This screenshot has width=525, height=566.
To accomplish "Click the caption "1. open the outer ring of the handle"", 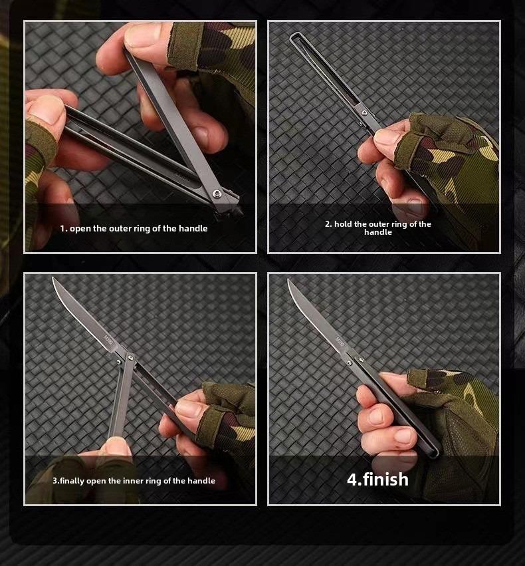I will point(134,228).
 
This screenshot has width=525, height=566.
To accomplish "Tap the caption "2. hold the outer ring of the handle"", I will point(377,227).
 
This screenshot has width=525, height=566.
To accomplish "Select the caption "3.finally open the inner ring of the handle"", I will point(134,481).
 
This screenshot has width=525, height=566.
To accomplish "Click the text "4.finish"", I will point(377,479).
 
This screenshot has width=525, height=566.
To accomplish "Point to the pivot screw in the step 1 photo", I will point(217,194).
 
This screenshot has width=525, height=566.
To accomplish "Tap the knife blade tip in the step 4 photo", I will point(288,280).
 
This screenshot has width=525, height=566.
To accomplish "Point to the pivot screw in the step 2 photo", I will point(364,114).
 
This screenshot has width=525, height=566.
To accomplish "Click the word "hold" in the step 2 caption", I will point(344,224).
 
